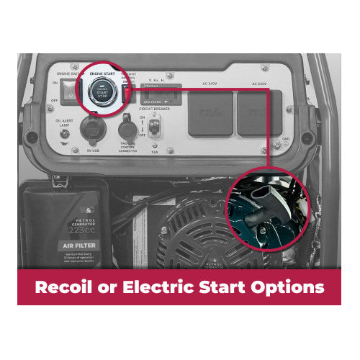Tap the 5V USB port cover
91,130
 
